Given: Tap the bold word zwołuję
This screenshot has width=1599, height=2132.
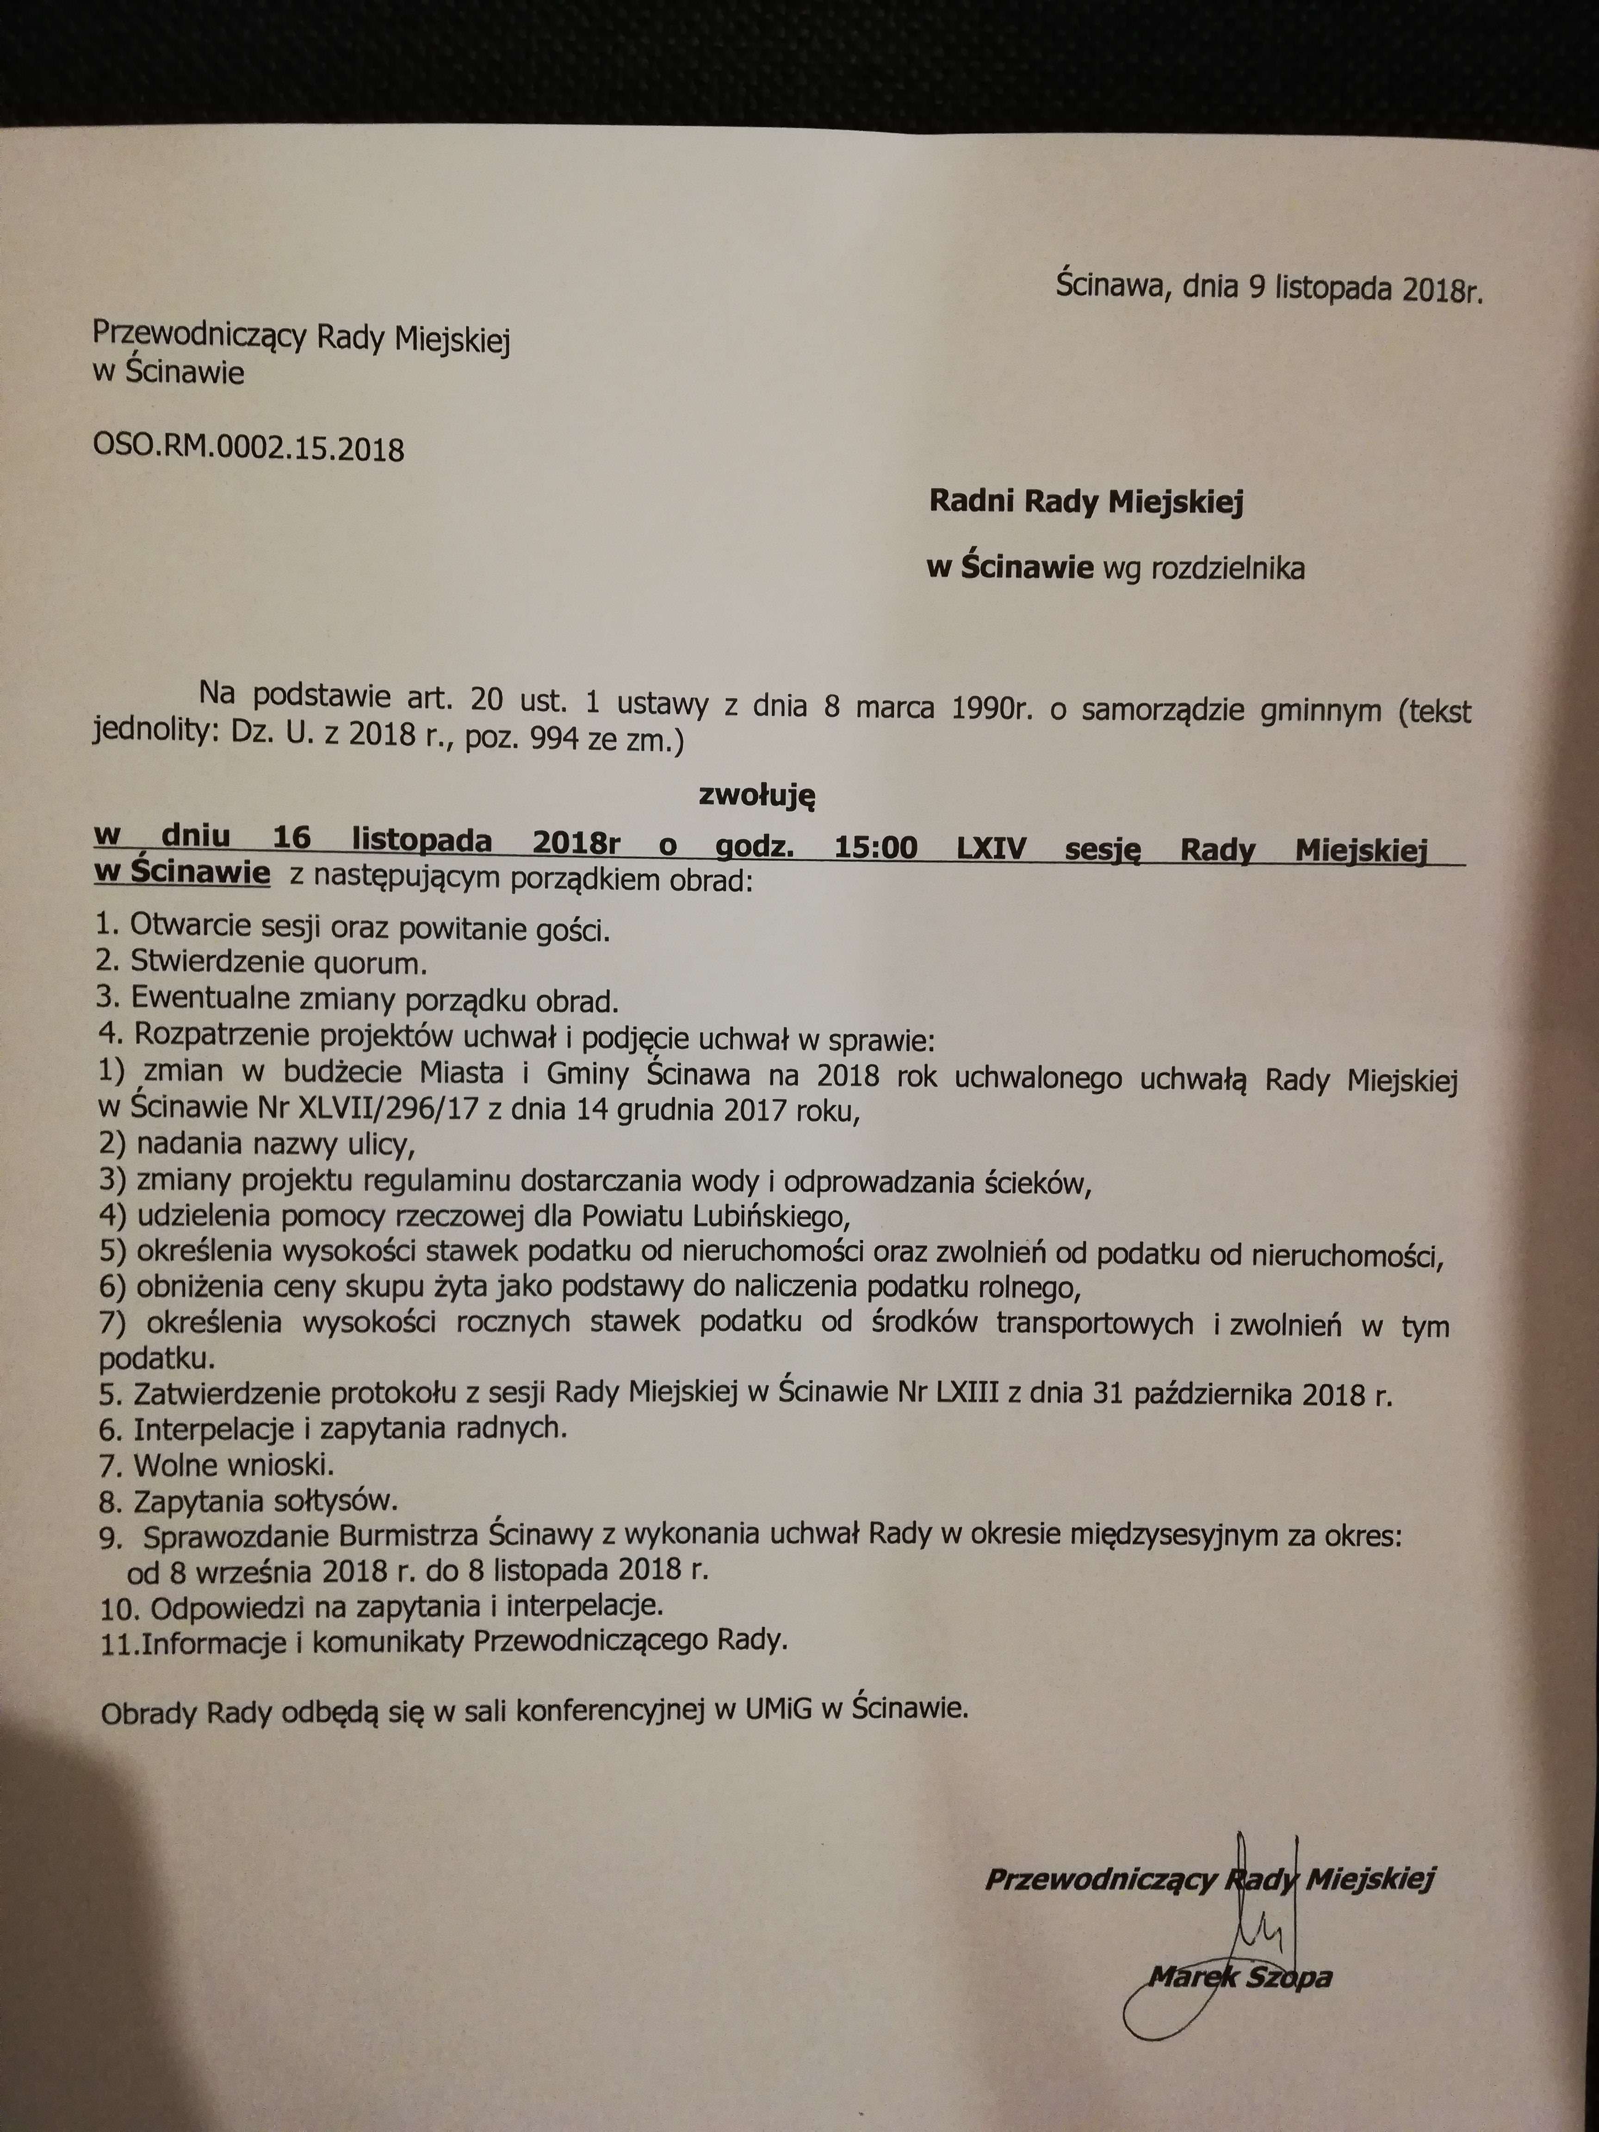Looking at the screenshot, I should [756, 796].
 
